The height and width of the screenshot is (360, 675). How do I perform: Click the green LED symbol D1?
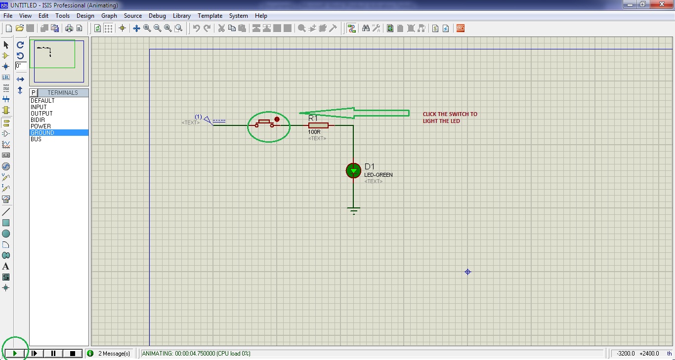coord(353,170)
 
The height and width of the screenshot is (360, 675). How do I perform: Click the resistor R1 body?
coord(318,125)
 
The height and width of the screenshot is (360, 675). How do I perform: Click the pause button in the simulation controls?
coord(53,353)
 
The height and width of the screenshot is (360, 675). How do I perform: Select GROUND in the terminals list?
coord(42,133)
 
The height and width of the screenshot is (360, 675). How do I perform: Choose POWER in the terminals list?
coord(41,126)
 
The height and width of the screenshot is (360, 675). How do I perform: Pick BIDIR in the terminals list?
coord(38,120)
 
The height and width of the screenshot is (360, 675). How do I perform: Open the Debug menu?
coord(157,16)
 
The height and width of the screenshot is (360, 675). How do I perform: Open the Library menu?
coord(181,16)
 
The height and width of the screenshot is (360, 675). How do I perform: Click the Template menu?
coord(210,16)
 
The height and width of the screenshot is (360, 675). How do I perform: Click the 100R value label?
coord(314,132)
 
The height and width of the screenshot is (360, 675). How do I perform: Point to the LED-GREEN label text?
coord(379,175)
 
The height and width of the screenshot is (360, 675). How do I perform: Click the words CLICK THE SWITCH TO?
coord(450,114)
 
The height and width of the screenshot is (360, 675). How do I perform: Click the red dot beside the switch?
coord(277,119)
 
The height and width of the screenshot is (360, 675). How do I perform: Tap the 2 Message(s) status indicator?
coord(114,354)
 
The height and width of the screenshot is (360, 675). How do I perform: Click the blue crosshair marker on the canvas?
coord(467,272)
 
